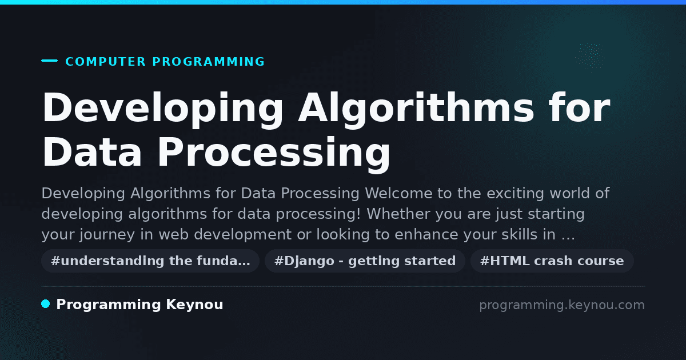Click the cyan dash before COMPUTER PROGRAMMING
tap(49, 61)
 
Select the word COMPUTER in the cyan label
tap(105, 62)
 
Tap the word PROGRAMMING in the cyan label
tap(208, 62)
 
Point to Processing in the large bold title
tap(274, 153)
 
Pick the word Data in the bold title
tap(92, 153)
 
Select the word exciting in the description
tap(515, 194)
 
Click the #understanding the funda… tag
tap(150, 261)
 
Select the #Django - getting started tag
tap(365, 261)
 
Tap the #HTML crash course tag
tap(552, 261)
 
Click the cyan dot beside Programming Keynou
tap(45, 304)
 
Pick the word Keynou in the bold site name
tap(194, 304)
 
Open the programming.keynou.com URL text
tap(562, 305)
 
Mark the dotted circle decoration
tap(590, 57)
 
